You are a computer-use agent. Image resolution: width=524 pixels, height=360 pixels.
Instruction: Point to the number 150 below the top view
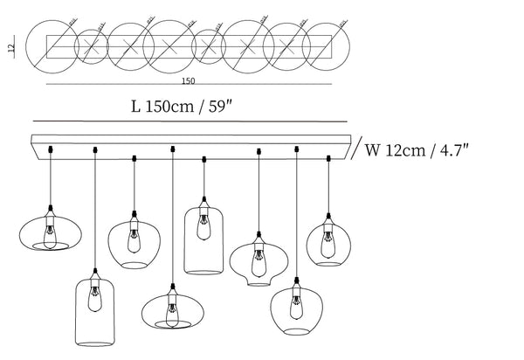[188, 81]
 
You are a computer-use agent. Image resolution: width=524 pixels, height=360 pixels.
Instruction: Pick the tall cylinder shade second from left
[95, 310]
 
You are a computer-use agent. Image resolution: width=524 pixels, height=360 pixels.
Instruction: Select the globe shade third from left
[133, 244]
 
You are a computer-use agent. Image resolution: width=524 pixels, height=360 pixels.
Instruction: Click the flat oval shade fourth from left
[171, 309]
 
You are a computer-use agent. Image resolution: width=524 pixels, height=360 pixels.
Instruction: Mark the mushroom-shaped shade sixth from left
[258, 261]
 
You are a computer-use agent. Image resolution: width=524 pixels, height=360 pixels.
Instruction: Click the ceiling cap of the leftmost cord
[51, 148]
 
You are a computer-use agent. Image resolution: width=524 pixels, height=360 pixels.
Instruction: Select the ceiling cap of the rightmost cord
[328, 158]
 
